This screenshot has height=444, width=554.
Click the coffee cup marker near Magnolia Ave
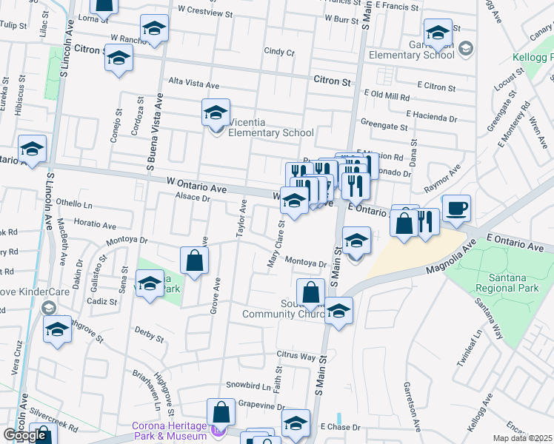[x=456, y=209]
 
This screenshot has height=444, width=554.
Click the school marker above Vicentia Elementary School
[x=216, y=113]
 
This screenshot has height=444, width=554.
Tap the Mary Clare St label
[x=276, y=244]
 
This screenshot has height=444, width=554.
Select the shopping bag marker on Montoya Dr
[x=194, y=261]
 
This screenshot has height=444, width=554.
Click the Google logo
[x=25, y=435]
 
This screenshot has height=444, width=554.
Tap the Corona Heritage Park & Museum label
[x=169, y=431]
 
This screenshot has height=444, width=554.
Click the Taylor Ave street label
[x=241, y=219]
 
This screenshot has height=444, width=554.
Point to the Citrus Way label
[x=296, y=356]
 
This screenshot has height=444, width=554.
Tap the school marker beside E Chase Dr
[x=296, y=423]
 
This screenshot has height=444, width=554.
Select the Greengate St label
[x=384, y=127]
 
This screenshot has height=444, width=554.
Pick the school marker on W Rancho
[x=154, y=30]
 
